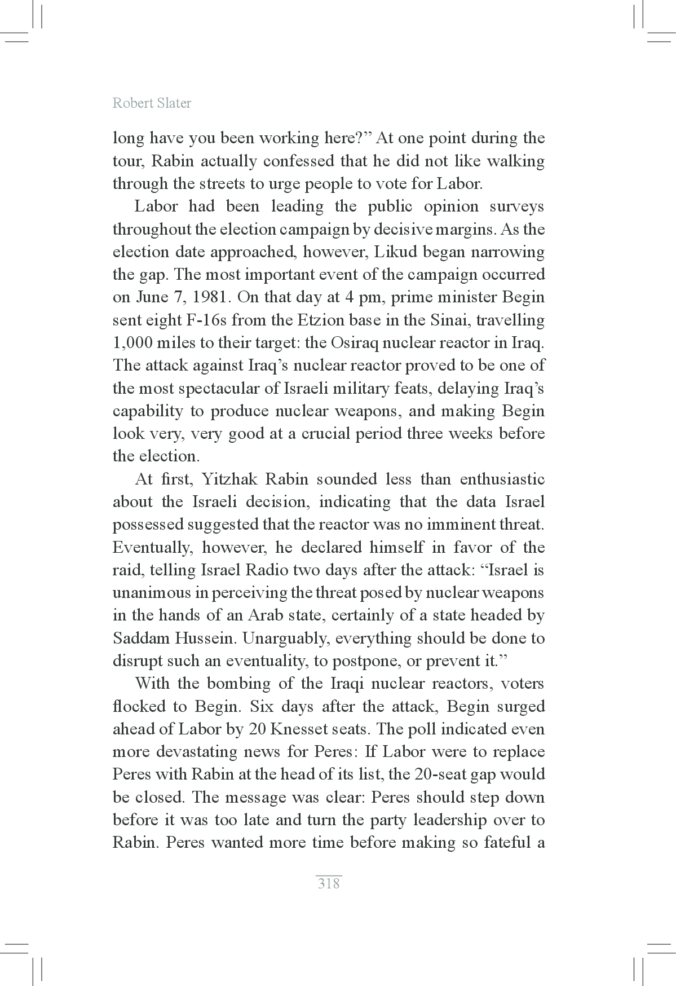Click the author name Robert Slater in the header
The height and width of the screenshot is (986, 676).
[x=152, y=103]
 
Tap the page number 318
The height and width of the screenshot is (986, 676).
[x=329, y=883]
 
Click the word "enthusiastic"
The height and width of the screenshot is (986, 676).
[x=502, y=479]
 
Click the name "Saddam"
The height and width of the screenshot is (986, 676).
[x=141, y=639]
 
